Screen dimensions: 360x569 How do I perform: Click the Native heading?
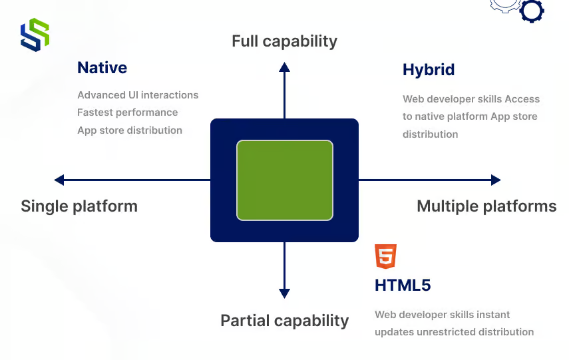102,68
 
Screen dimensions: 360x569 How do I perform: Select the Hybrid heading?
429,70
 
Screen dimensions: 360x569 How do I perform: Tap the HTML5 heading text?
403,285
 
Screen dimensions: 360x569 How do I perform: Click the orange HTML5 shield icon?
386,256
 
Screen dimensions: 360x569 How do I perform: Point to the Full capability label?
284,41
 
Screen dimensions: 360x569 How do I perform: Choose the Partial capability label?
284,321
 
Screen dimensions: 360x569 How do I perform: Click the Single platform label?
79,206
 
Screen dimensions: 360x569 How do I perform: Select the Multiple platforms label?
486,206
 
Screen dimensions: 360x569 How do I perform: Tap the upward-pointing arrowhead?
284,67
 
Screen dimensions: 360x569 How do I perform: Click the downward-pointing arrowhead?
284,293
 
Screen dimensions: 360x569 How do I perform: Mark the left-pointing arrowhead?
59,180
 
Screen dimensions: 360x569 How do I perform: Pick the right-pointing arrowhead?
496,180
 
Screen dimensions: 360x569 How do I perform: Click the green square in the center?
285,180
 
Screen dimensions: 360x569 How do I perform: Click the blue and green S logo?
35,35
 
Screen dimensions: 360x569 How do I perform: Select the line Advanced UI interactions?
138,95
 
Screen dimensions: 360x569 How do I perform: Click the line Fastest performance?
127,112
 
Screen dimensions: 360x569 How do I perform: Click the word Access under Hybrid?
522,99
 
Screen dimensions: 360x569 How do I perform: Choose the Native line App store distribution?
129,130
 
